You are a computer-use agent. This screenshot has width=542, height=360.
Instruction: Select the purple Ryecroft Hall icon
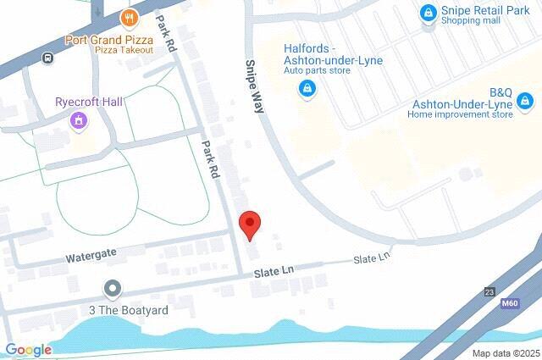[x=79, y=121]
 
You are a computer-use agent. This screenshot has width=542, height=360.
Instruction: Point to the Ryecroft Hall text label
[x=89, y=102]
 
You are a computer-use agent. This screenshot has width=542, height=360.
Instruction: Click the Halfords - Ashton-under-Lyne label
[x=332, y=55]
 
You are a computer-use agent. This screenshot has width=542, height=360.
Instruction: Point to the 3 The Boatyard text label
[x=129, y=311]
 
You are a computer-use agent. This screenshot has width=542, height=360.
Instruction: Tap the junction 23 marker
[x=490, y=291]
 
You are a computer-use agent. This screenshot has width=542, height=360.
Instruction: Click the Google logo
[x=28, y=351]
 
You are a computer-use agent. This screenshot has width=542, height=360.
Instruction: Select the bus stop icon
[x=49, y=58]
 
